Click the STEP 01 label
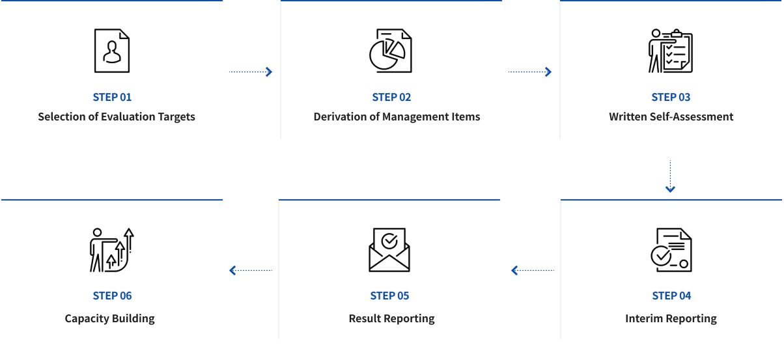112,97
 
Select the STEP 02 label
391,97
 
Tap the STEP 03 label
671,97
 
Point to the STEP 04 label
671,296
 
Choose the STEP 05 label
389,296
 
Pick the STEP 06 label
112,296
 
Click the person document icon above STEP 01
112,51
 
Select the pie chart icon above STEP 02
391,51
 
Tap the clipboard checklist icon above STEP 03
671,51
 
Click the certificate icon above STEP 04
671,250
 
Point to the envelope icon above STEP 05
389,250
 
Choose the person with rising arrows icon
111,250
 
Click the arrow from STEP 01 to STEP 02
251,72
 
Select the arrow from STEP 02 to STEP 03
530,72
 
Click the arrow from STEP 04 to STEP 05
533,270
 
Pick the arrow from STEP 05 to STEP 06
251,270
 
